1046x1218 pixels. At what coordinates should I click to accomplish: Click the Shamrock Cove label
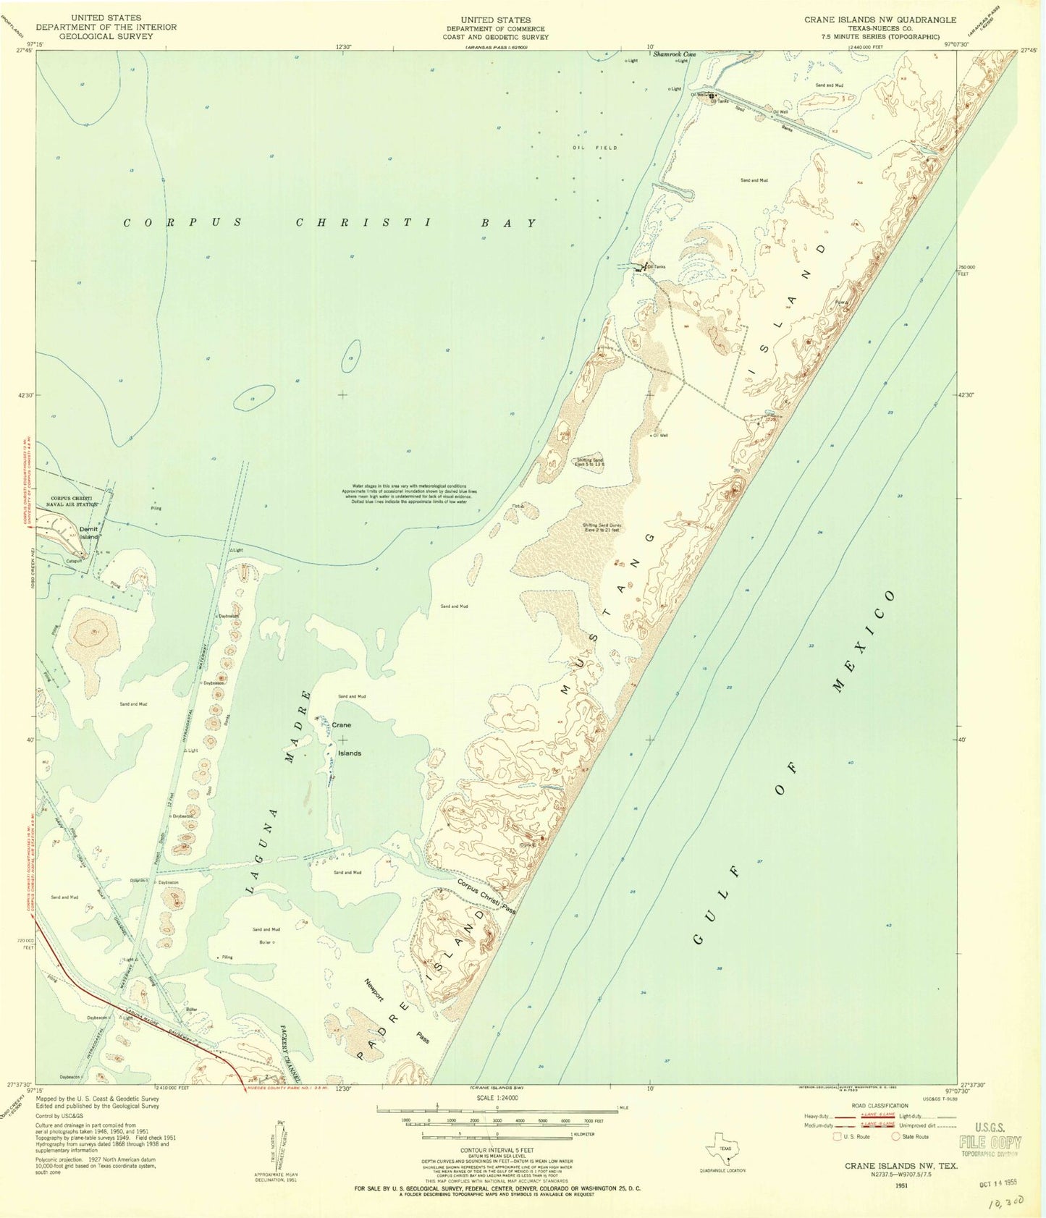(674, 54)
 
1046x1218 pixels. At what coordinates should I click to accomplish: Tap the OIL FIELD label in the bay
(595, 148)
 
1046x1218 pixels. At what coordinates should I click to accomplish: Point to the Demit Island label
(89, 533)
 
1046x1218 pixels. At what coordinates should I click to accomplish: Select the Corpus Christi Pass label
(486, 897)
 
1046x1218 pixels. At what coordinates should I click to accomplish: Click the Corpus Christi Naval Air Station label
(74, 502)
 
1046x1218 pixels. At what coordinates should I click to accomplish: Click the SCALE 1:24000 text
(497, 1098)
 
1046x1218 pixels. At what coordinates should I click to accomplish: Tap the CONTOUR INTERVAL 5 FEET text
(497, 1149)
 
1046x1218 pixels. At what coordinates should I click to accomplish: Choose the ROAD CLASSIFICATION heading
(880, 1106)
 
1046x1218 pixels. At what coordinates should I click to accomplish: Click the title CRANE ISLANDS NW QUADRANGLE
(880, 20)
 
